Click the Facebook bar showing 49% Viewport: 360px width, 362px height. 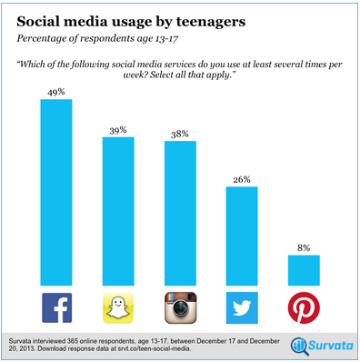tap(56, 193)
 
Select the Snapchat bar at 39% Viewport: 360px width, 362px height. tap(118, 211)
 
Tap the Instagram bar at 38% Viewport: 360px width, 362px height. tap(180, 214)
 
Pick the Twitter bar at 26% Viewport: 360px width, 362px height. tap(242, 236)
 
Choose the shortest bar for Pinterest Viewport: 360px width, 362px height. tap(304, 270)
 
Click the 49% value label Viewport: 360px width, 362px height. tap(56, 92)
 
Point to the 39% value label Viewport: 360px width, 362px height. tap(118, 130)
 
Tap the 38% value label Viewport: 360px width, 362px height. tap(180, 134)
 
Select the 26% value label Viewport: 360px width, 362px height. tap(242, 179)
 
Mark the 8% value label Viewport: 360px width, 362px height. tap(304, 248)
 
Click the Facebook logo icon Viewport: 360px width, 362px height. tap(57, 307)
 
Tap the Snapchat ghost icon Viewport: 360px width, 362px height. tap(118, 307)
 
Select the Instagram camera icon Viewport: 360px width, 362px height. tap(181, 307)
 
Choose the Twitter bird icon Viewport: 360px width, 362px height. tap(242, 307)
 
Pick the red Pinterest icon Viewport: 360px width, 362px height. tap(304, 307)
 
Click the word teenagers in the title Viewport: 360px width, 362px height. tap(211, 22)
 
